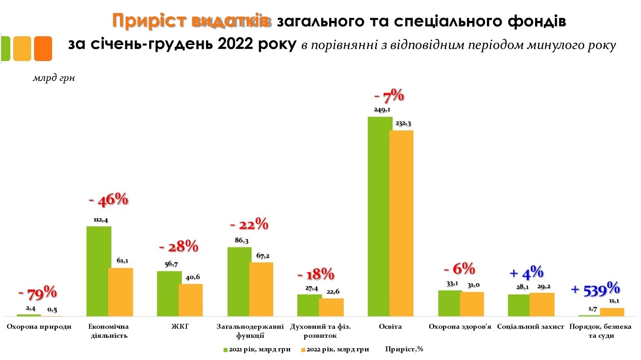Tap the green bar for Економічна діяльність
[99, 271]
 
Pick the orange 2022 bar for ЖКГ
[190, 300]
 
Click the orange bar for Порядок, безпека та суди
[612, 312]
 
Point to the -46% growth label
[108, 200]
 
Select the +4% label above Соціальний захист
[526, 273]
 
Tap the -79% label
[37, 293]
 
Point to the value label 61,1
[120, 260]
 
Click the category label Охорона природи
[39, 327]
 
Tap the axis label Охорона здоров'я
[461, 327]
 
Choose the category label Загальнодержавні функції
[250, 331]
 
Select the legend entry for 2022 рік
[336, 349]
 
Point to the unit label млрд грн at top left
[54, 78]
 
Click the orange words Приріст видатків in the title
[191, 21]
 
